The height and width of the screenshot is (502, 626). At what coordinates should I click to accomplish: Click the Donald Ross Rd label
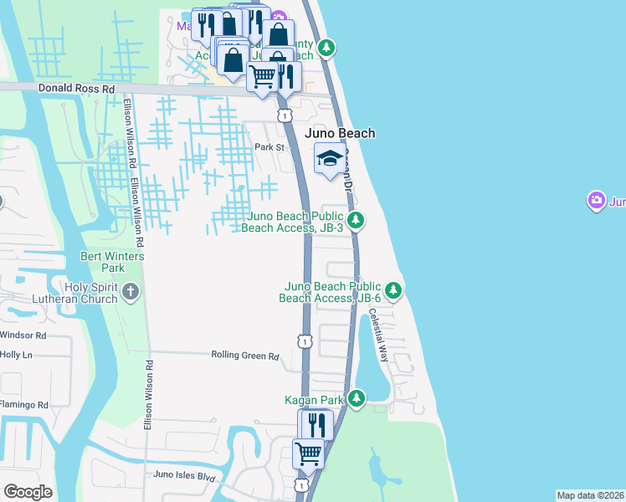click(75, 88)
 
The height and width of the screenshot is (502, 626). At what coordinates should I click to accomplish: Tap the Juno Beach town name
click(339, 133)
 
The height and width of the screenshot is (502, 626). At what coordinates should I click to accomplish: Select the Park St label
click(269, 147)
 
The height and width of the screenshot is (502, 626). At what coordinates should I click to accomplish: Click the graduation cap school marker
click(330, 157)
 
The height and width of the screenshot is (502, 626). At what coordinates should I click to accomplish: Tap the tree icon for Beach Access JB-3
click(356, 221)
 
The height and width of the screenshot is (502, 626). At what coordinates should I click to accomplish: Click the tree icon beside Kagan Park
click(357, 398)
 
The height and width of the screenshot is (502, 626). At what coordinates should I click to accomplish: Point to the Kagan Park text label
click(315, 401)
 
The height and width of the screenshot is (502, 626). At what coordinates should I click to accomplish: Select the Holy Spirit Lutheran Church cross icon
click(131, 292)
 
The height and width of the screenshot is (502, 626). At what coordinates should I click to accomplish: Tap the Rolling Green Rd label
click(244, 356)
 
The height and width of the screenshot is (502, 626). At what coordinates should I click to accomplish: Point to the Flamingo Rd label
click(25, 405)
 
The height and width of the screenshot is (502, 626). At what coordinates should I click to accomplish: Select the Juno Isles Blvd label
click(184, 476)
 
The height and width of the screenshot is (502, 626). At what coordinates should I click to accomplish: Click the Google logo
click(28, 492)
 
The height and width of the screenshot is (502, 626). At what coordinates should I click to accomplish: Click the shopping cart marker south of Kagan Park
click(308, 453)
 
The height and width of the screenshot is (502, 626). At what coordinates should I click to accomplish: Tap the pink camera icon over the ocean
click(597, 199)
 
